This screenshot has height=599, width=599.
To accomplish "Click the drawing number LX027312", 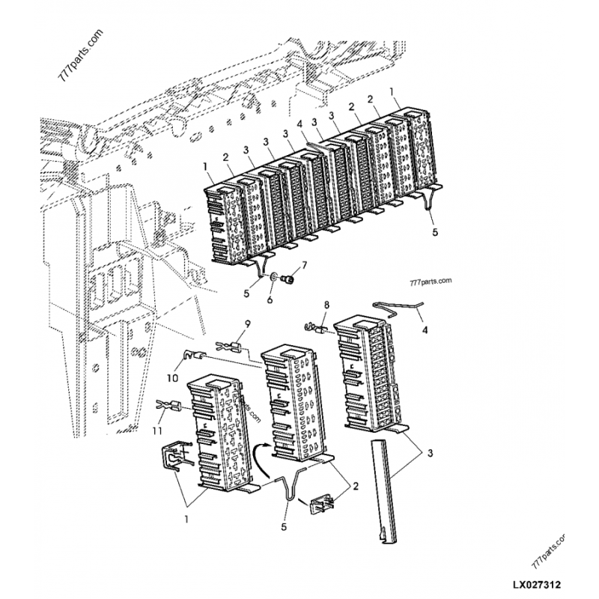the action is pos(536,585).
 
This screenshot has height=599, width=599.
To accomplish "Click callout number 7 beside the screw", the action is pos(305,265).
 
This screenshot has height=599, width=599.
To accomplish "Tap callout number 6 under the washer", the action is pos(270,299).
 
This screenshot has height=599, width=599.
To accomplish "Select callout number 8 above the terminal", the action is pos(326,305).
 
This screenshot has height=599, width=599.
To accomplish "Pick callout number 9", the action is pos(248,324).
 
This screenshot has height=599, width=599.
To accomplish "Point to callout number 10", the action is pos(173,378).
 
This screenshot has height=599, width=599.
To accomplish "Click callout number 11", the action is pos(157,431).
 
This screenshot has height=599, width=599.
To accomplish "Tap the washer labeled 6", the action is pos(274,277).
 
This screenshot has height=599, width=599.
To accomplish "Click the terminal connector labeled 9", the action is pos(228,347).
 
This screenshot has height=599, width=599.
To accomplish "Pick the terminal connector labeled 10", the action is pos(194,355).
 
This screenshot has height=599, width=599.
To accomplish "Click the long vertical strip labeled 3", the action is pos(383,490).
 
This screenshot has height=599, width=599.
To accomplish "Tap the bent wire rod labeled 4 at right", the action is pos(398,306).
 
